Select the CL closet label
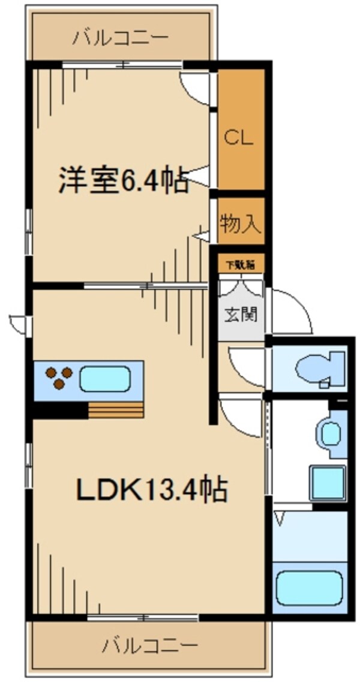tap(239, 138)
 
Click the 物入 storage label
tap(240, 224)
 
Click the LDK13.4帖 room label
tap(151, 491)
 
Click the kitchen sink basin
tap(104, 379)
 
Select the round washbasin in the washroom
tap(330, 433)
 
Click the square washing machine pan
tap(328, 481)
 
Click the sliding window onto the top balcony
tap(122, 64)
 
